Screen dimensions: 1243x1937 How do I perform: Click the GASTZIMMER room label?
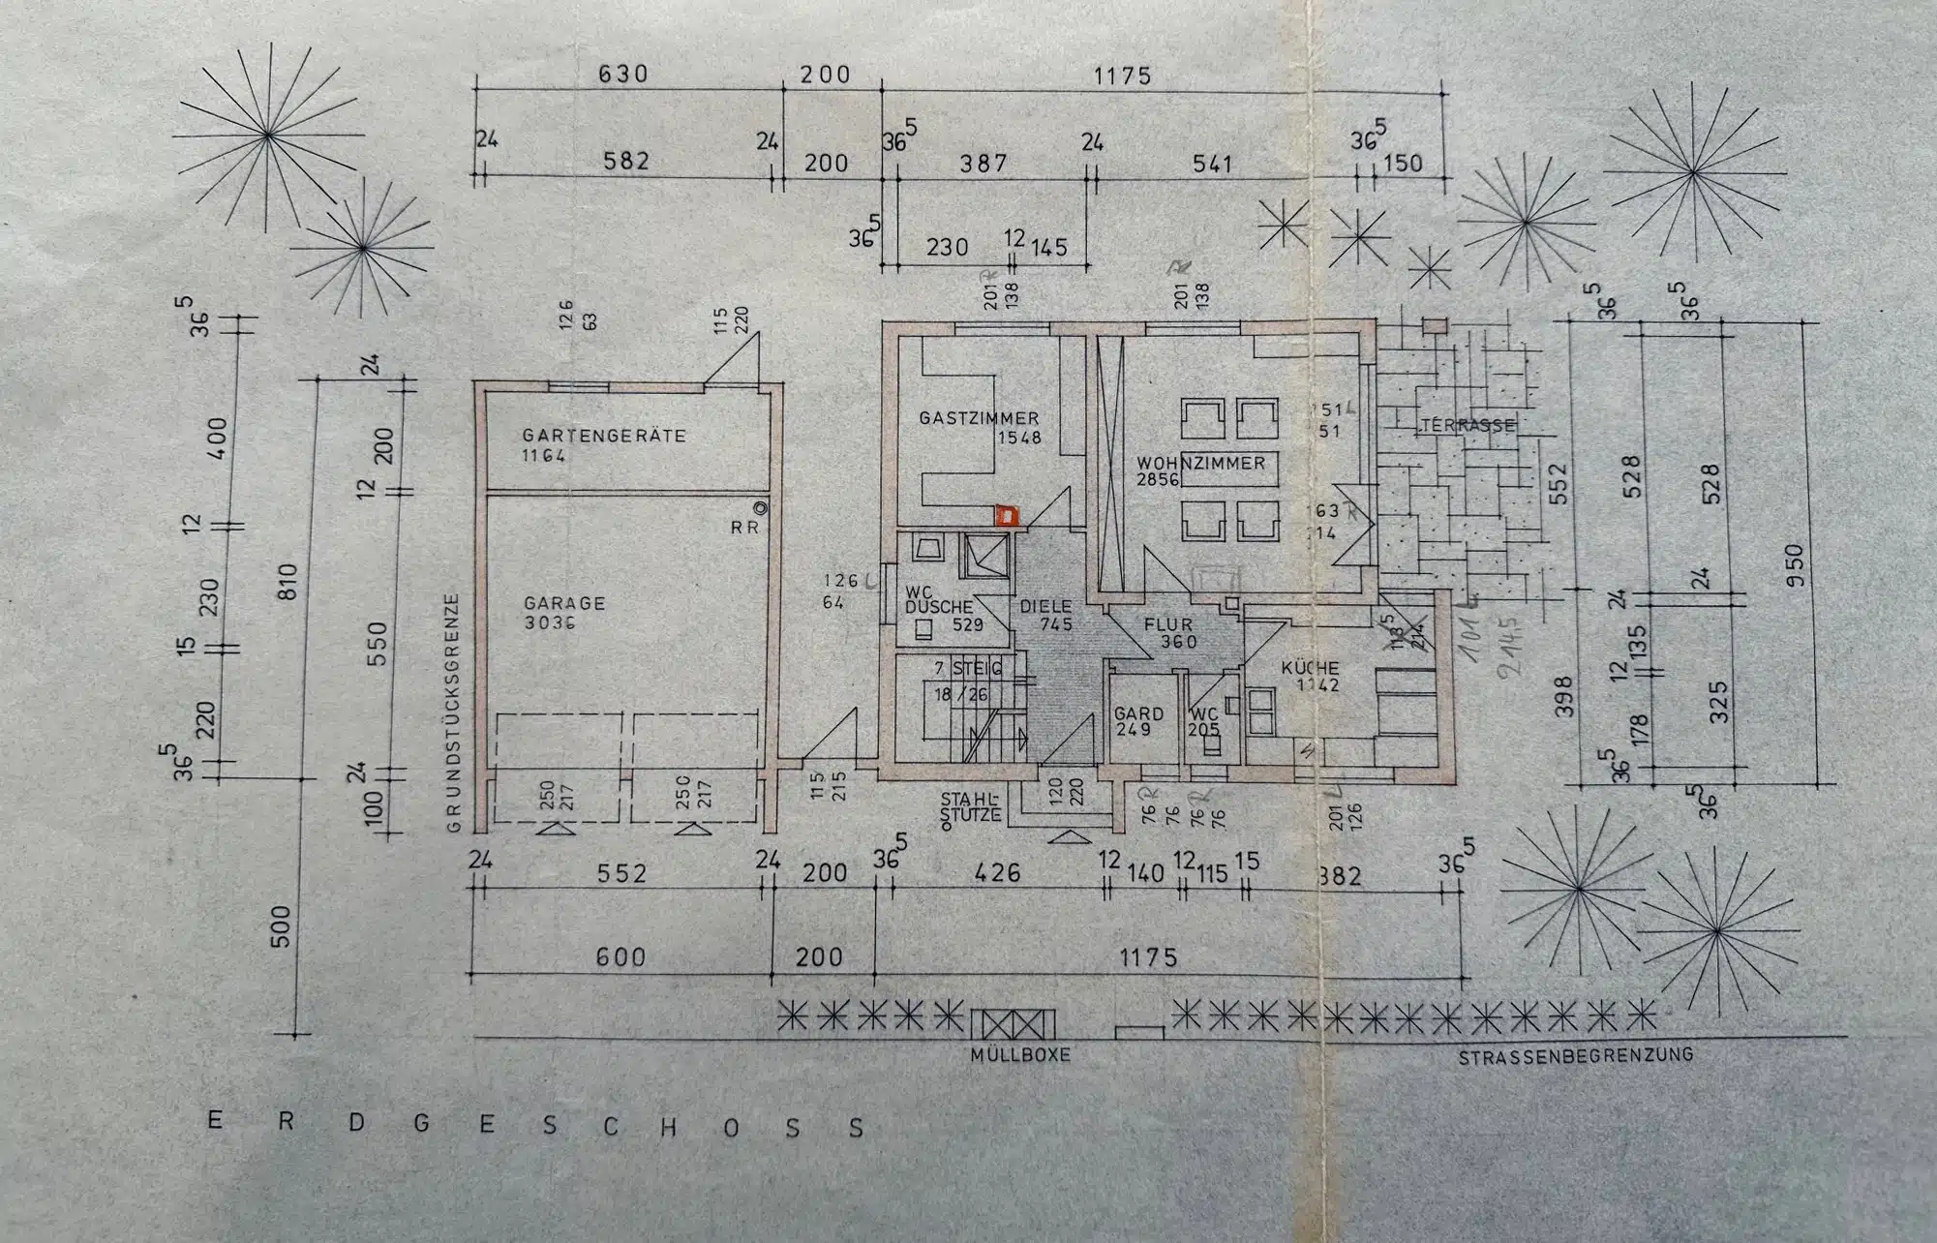(x=979, y=418)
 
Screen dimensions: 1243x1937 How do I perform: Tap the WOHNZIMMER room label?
(x=1200, y=464)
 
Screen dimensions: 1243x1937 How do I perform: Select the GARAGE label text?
(x=563, y=603)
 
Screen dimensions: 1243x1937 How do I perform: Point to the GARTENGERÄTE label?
(x=604, y=436)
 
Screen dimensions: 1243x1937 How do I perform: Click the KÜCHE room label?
(x=1310, y=668)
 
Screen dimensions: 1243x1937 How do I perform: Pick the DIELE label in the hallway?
(x=1045, y=607)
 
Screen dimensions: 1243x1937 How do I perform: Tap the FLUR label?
(x=1168, y=625)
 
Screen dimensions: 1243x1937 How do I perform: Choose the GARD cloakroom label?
(x=1138, y=713)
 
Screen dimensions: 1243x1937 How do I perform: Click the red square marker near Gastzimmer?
(x=1008, y=515)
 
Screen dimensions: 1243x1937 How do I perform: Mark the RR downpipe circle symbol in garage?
(x=762, y=507)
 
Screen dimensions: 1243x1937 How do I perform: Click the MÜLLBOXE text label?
(x=1020, y=1054)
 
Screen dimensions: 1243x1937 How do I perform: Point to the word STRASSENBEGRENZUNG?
(x=1576, y=1056)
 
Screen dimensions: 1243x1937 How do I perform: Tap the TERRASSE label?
(x=1468, y=425)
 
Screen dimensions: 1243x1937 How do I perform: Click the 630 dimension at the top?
(x=623, y=74)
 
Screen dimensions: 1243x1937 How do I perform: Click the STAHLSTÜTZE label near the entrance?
(x=971, y=807)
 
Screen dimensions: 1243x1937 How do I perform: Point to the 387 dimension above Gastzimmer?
(x=984, y=164)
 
